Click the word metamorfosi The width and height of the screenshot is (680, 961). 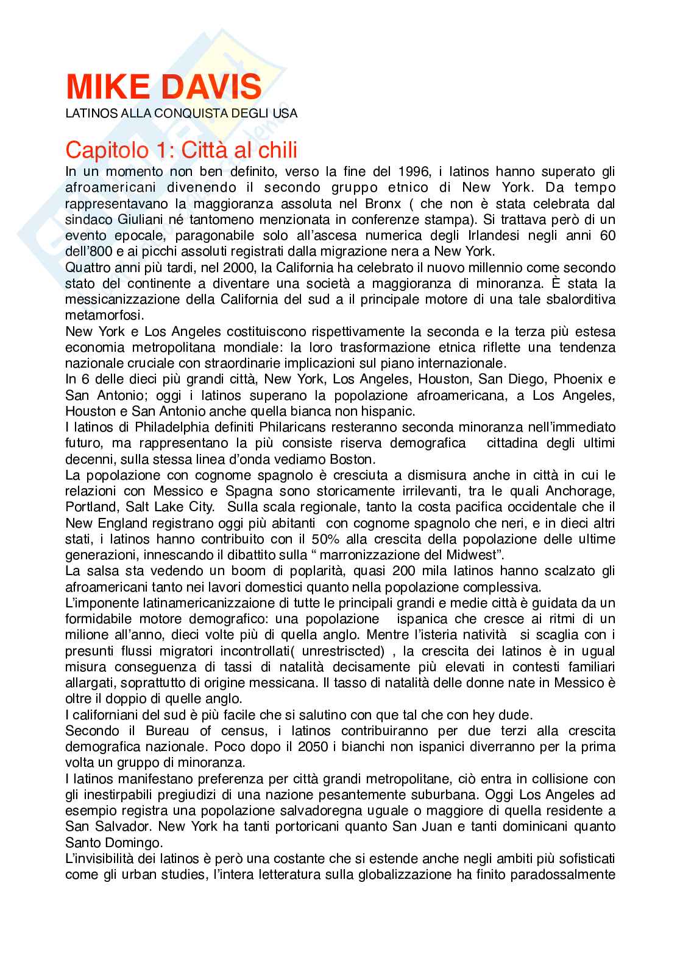pyautogui.click(x=105, y=315)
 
